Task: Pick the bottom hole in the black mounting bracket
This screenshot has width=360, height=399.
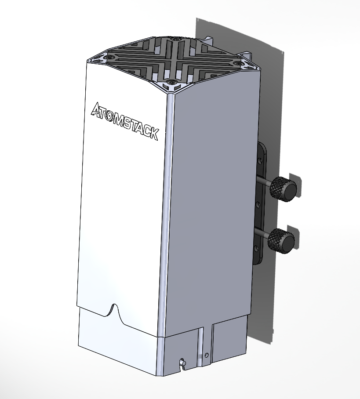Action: tap(257, 249)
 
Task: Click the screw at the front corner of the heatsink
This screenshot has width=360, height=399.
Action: tap(170, 82)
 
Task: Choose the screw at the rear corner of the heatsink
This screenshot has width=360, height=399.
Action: tap(176, 40)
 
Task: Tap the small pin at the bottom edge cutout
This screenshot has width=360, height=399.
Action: tap(181, 363)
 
